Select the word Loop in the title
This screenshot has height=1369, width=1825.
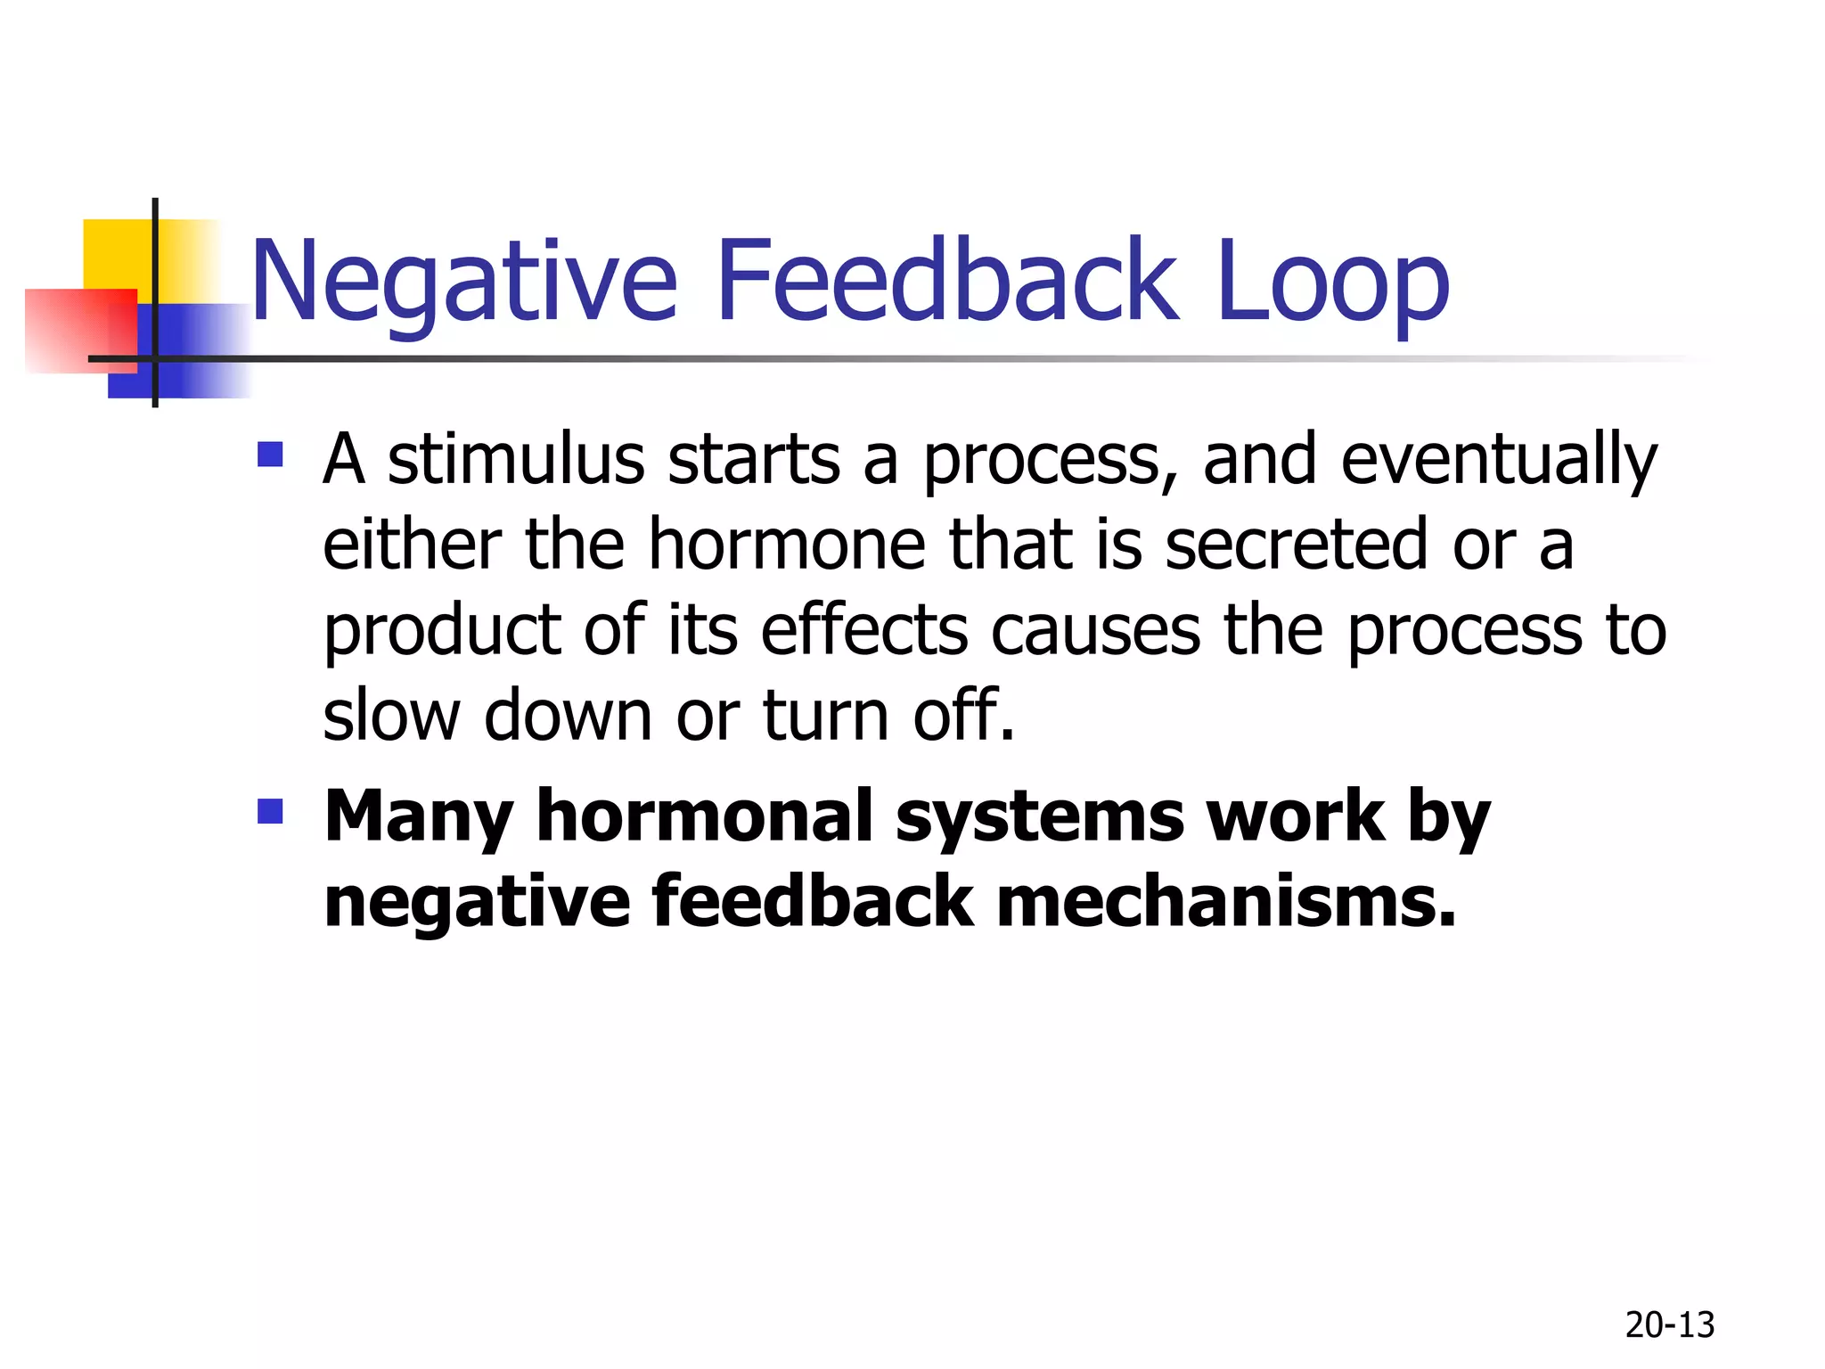[1332, 283]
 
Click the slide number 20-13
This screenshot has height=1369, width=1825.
[1669, 1325]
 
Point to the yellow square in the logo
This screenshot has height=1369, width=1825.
[116, 254]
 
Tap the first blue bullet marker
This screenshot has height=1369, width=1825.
[270, 455]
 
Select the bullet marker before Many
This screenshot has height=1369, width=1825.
[270, 811]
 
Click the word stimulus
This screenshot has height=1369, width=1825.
[516, 460]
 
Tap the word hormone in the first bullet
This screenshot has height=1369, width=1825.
[787, 545]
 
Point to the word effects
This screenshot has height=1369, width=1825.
[863, 630]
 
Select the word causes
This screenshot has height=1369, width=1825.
[1095, 632]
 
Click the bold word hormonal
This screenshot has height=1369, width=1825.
[705, 816]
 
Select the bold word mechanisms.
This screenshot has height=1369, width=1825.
[1225, 902]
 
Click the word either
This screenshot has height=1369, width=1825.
[413, 545]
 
